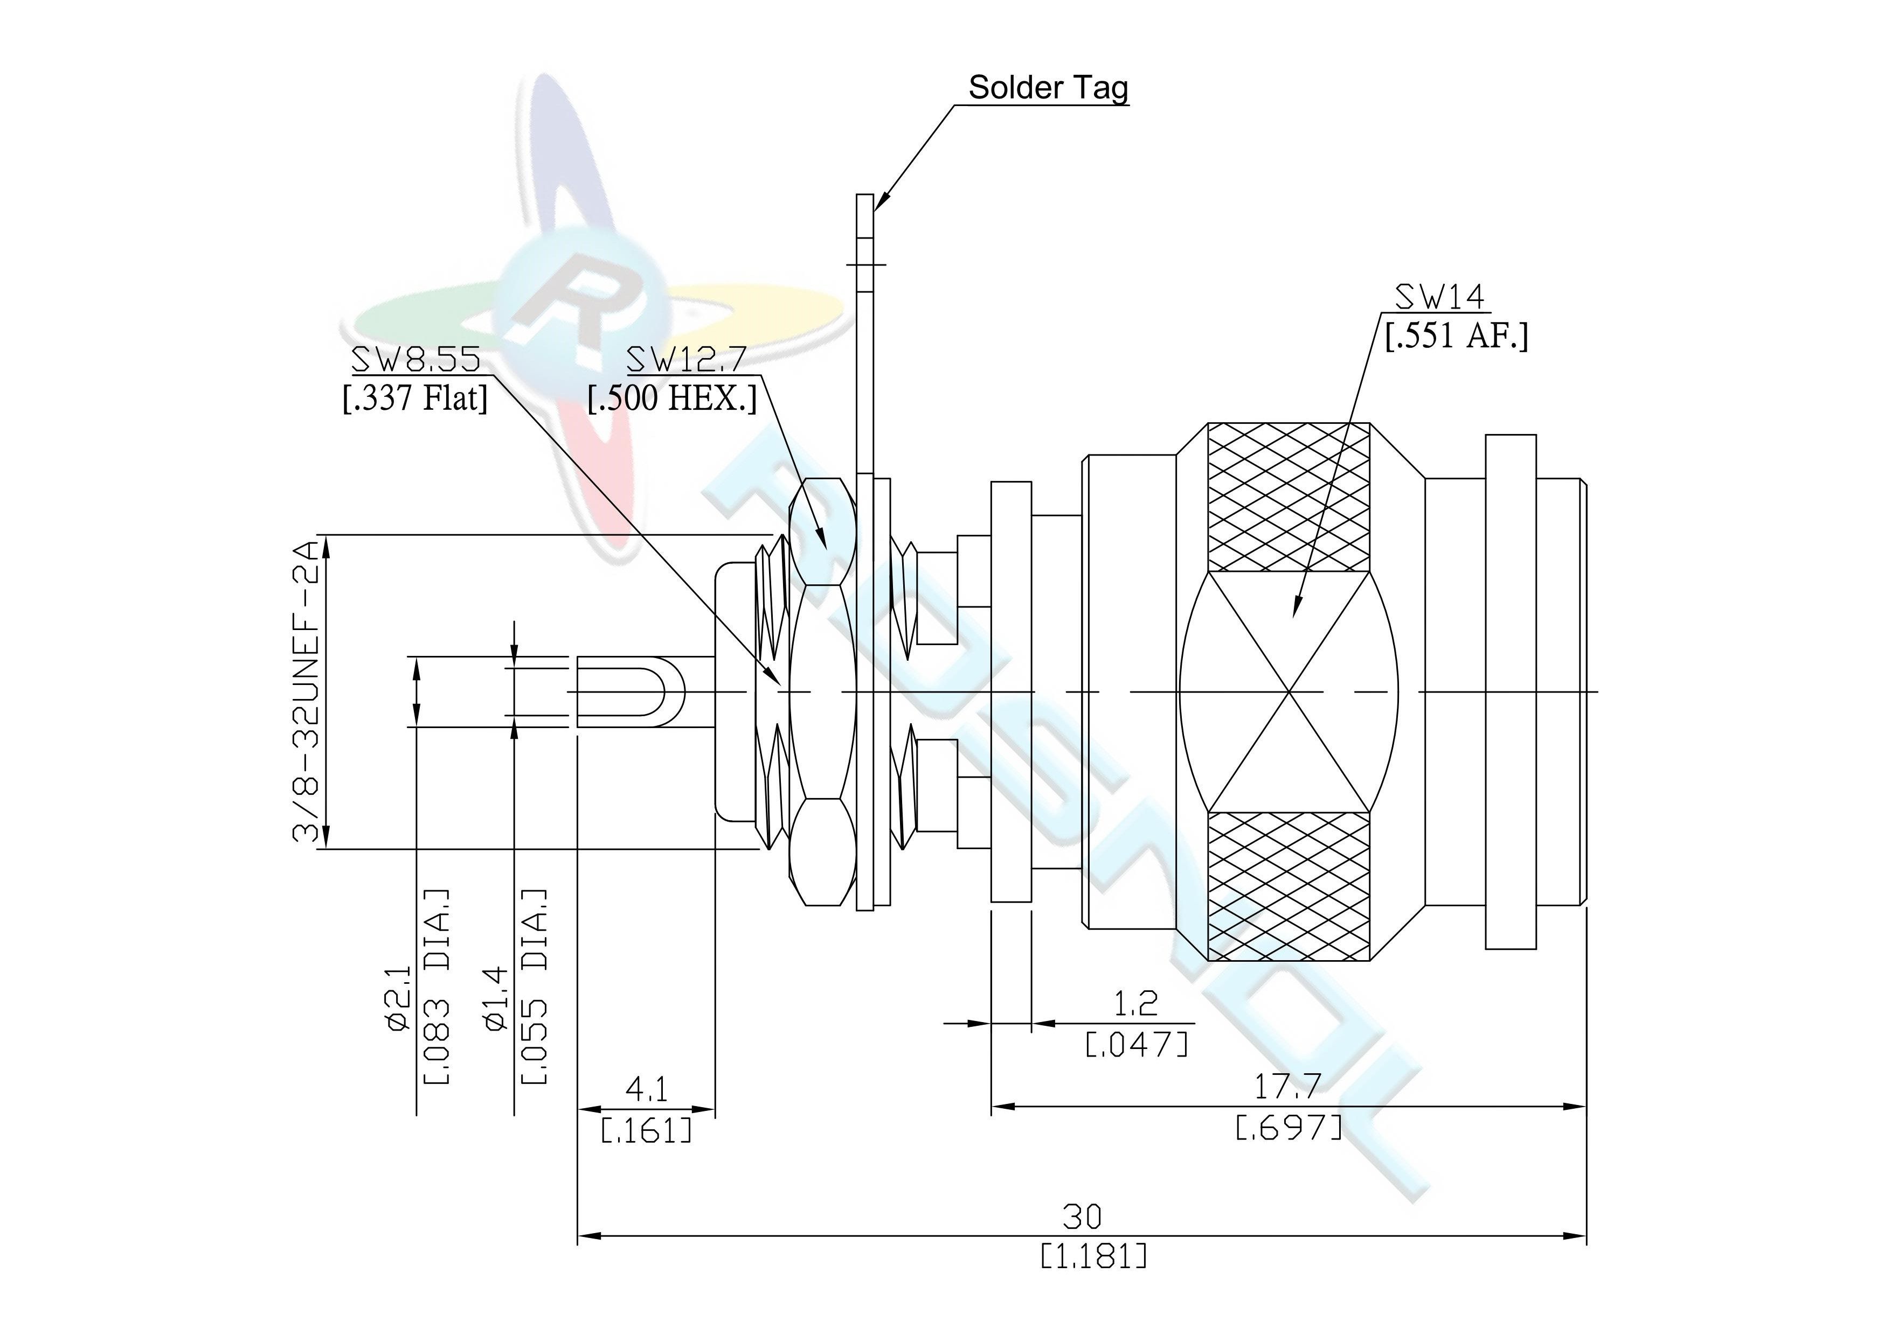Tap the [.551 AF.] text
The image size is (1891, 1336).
pos(1456,336)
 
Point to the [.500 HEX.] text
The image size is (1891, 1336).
pos(672,398)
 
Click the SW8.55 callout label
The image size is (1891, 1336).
pos(416,360)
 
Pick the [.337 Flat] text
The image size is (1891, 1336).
pos(415,398)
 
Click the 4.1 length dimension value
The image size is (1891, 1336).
pos(647,1090)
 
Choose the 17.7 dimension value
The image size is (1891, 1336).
pos(1288,1087)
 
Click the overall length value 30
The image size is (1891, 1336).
pos(1082,1216)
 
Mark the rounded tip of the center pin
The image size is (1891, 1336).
pos(682,691)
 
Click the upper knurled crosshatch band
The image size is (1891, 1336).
pos(1289,497)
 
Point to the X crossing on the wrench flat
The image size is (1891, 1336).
pos(1289,691)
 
